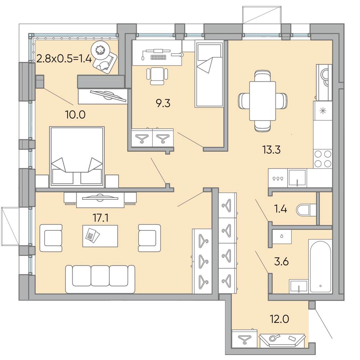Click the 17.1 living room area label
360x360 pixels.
coord(100,218)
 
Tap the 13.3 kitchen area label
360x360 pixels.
coord(271,150)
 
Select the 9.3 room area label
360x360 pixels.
coord(163,103)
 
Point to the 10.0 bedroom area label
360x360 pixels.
coord(75,114)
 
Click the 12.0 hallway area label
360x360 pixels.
coord(279,319)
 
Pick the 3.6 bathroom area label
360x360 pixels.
coord(281,261)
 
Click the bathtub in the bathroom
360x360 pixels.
coord(320,266)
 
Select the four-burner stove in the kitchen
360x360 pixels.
coord(323,158)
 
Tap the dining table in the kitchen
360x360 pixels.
coord(262,101)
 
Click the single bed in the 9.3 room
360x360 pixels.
coord(209,74)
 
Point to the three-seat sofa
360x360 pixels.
coord(100,279)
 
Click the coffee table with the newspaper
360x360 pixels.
coord(100,236)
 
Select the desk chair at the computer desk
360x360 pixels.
coord(157,76)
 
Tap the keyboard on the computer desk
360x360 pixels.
coord(158,57)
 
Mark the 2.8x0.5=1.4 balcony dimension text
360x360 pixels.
coord(64,59)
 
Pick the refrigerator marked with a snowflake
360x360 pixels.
coord(323,111)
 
